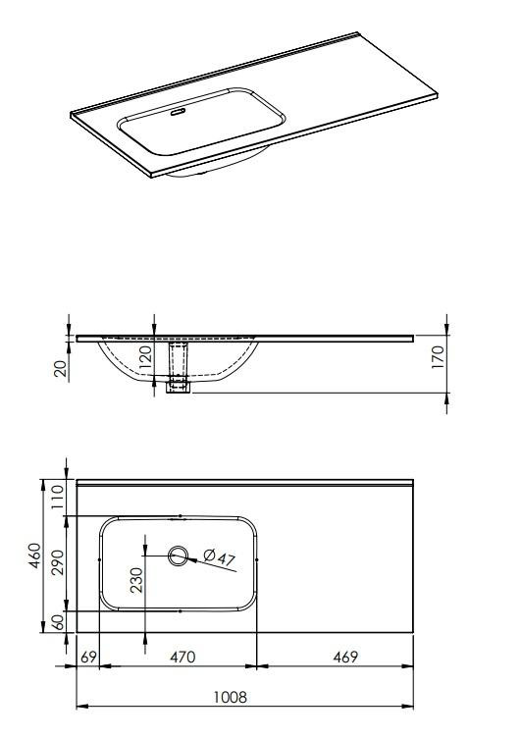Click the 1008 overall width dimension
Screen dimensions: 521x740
[231, 697]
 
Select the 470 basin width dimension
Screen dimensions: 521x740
[182, 657]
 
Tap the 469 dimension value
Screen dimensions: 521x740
[345, 657]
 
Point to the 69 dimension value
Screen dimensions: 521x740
[88, 657]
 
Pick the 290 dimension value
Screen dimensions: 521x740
[58, 562]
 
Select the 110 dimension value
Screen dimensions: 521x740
[58, 496]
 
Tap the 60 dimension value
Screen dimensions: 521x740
[58, 622]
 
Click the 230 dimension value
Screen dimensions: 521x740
[136, 580]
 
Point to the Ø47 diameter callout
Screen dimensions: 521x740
[220, 556]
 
